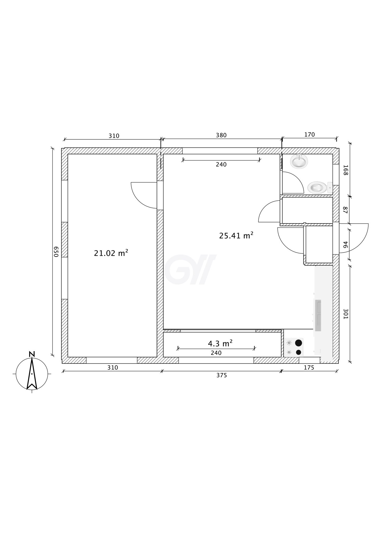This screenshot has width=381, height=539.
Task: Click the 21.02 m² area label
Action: [111, 253]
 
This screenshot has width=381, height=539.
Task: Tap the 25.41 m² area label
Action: [236, 235]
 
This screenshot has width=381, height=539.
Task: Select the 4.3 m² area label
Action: [220, 343]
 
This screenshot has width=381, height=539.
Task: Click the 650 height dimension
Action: [56, 252]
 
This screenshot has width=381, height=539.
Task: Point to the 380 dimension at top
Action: [221, 135]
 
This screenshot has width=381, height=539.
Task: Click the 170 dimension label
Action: [309, 135]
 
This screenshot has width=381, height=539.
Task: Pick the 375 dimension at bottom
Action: [221, 375]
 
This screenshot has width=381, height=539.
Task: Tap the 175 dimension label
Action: [309, 368]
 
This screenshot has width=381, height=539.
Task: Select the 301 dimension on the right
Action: [345, 314]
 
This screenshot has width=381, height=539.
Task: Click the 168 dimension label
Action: [345, 170]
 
